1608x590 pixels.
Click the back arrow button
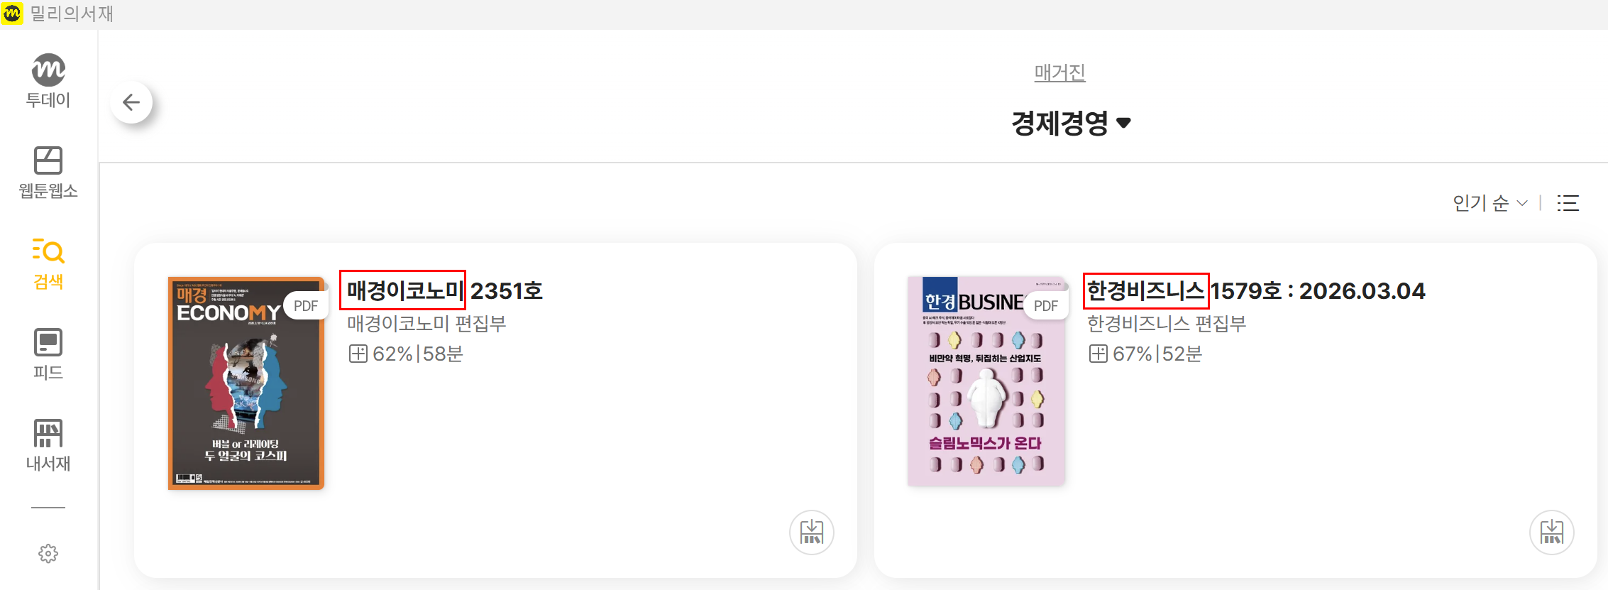131,102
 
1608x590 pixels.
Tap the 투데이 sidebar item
48,81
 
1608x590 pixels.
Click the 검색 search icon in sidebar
48,263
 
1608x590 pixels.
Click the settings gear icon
48,554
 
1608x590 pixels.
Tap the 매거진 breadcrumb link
1059,72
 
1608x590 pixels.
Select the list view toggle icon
1568,203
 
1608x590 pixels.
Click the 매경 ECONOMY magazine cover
246,383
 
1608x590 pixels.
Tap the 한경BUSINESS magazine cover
986,381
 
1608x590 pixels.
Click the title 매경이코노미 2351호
444,290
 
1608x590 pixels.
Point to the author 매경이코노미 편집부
426,324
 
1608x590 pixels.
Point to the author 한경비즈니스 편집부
1167,324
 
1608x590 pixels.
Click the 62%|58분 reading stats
407,354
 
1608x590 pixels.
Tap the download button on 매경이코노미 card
811,532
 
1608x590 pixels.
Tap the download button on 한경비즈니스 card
1551,532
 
